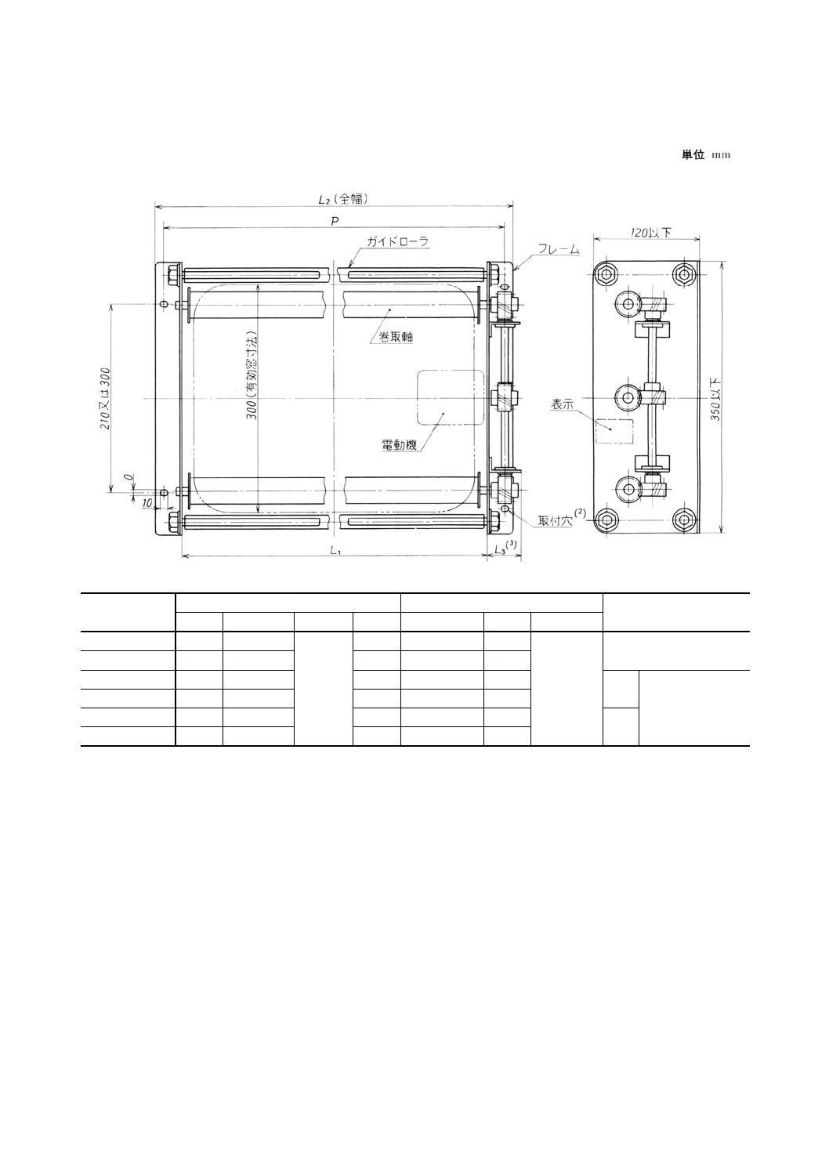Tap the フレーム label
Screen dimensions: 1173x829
point(559,250)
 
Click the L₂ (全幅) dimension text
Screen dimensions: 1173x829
point(342,199)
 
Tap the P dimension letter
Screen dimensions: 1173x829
point(334,221)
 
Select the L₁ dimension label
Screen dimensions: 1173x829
point(335,551)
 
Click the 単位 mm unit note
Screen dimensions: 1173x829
point(705,155)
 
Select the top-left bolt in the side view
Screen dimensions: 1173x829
point(605,273)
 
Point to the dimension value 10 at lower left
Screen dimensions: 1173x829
point(147,502)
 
